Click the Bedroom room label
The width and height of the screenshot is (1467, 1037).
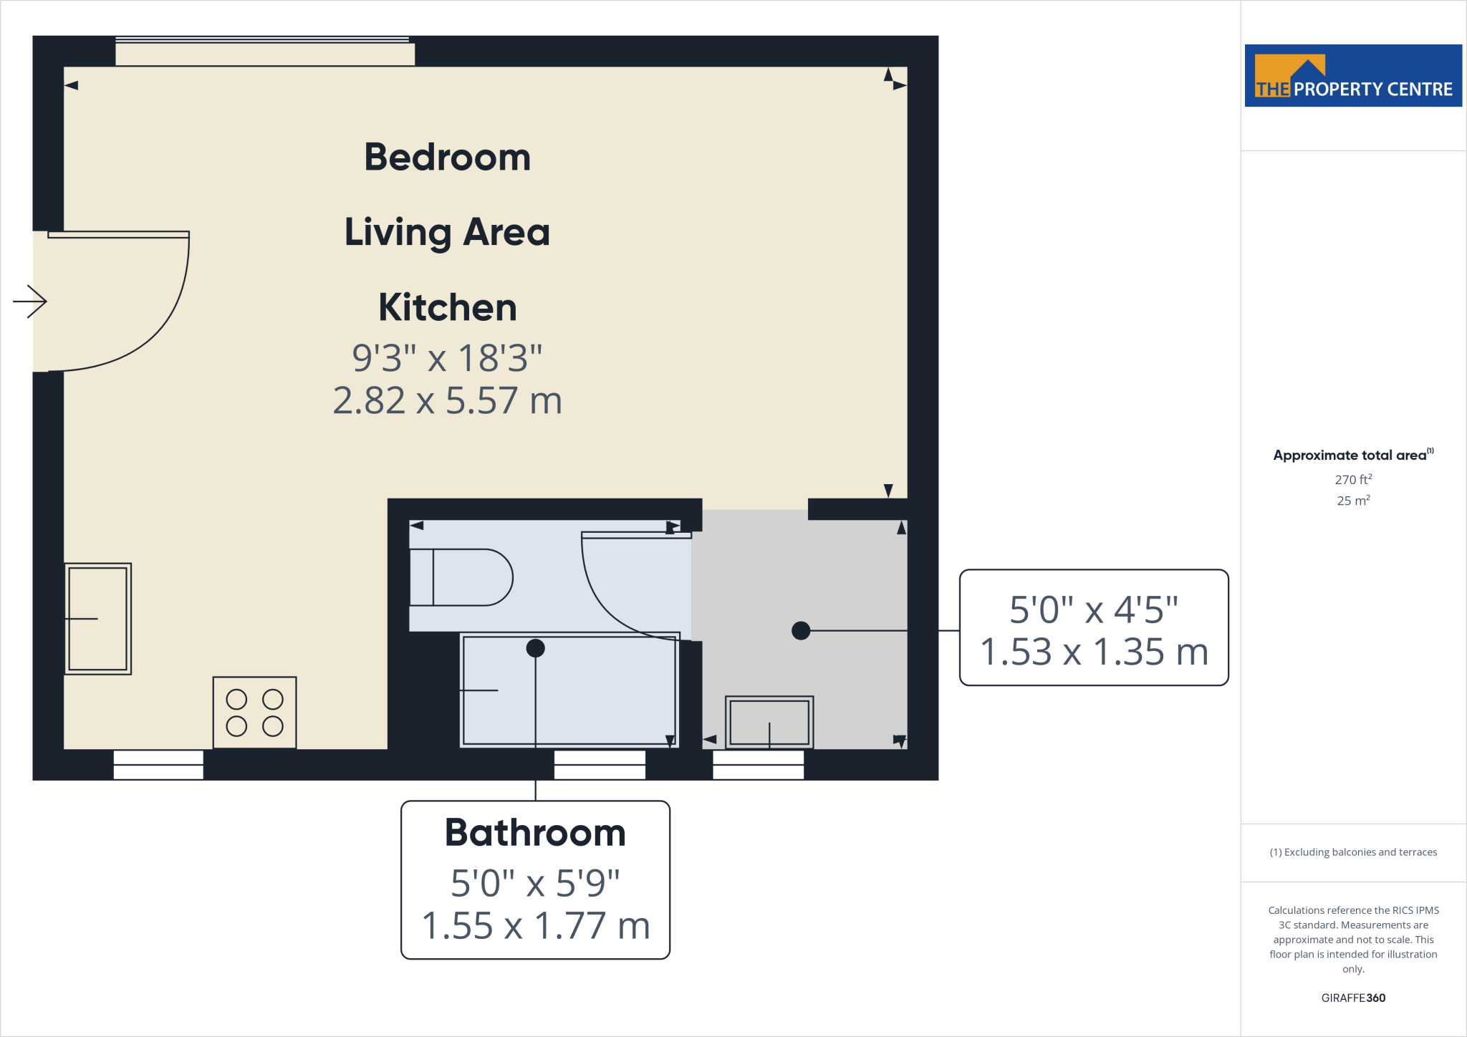pyautogui.click(x=447, y=157)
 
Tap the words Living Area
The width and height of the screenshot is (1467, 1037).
pyautogui.click(x=447, y=232)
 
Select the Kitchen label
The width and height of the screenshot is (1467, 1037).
pyautogui.click(x=447, y=307)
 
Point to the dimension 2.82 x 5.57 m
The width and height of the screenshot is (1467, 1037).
pyautogui.click(x=447, y=400)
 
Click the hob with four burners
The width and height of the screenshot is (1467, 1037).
pyautogui.click(x=254, y=713)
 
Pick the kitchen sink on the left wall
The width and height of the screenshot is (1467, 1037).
pyautogui.click(x=98, y=619)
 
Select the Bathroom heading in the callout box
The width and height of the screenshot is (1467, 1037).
pyautogui.click(x=535, y=833)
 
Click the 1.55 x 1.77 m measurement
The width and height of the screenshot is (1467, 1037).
pyautogui.click(x=535, y=925)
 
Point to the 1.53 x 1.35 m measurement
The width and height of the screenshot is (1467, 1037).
pyautogui.click(x=1094, y=652)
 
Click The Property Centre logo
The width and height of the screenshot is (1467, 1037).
pyautogui.click(x=1353, y=76)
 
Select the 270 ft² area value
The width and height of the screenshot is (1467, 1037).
pyautogui.click(x=1353, y=480)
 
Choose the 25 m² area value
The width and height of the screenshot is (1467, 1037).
pyautogui.click(x=1353, y=501)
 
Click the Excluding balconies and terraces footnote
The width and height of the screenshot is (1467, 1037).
pyautogui.click(x=1353, y=852)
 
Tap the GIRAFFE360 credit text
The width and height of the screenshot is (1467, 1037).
pyautogui.click(x=1353, y=998)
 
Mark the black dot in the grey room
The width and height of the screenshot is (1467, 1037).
pyautogui.click(x=801, y=630)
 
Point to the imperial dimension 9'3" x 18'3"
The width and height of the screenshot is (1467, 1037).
pyautogui.click(x=447, y=357)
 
